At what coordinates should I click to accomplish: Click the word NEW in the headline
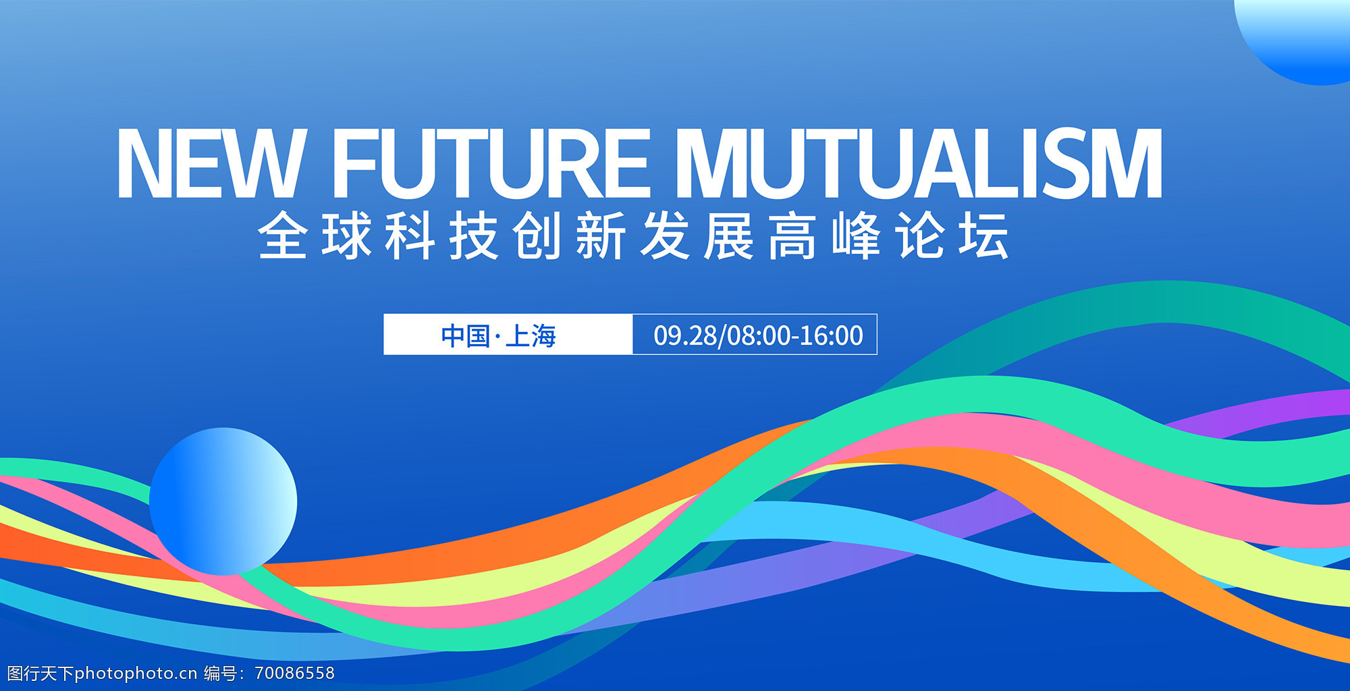pos(212,163)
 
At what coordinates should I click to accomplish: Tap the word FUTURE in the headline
pos(491,163)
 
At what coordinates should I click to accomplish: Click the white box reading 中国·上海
pos(508,334)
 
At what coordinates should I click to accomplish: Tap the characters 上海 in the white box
pos(531,335)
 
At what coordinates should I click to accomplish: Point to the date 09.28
pos(685,335)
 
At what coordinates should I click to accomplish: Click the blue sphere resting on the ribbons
pos(223,501)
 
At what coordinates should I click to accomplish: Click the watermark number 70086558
pos(295,673)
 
